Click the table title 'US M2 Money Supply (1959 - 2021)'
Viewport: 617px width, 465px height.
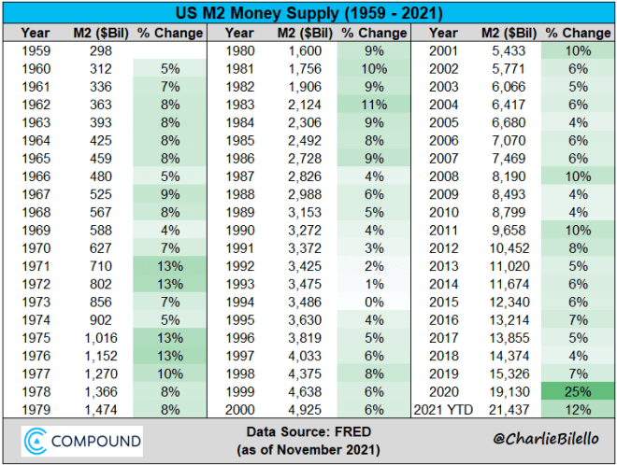[x=308, y=14]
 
